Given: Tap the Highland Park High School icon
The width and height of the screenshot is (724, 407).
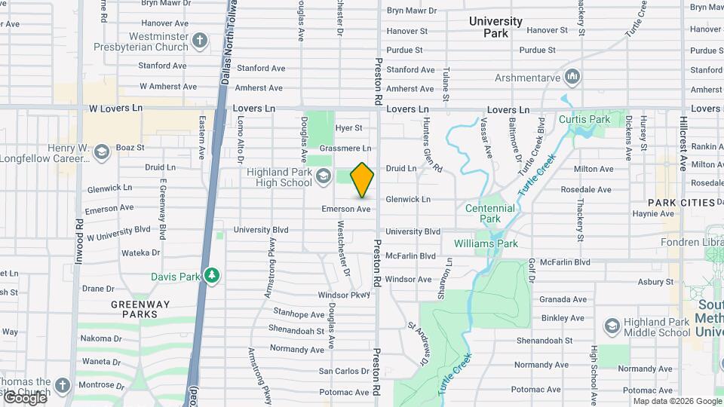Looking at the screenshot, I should pyautogui.click(x=323, y=177).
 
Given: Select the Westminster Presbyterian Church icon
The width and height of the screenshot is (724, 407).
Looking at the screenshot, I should pyautogui.click(x=199, y=41).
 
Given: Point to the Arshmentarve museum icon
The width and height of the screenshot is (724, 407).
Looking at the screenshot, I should pyautogui.click(x=572, y=77).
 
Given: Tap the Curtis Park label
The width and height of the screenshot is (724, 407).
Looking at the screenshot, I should pyautogui.click(x=584, y=120).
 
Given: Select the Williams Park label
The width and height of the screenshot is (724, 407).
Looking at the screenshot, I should pyautogui.click(x=486, y=243).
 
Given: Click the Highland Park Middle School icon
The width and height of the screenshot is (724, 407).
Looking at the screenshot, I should pyautogui.click(x=612, y=326).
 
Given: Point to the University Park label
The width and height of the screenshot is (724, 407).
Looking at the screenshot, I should pyautogui.click(x=495, y=27).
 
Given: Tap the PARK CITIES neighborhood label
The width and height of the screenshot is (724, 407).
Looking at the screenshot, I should pyautogui.click(x=681, y=203).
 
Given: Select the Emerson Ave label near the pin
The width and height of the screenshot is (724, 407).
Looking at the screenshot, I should pyautogui.click(x=345, y=209).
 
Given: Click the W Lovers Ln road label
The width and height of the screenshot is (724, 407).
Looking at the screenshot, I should pyautogui.click(x=115, y=108).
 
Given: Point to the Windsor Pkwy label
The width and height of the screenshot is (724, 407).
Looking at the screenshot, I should pyautogui.click(x=343, y=295).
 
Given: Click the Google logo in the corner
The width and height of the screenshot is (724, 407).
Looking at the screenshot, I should pyautogui.click(x=24, y=397).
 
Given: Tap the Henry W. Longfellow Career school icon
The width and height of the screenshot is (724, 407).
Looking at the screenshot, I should pyautogui.click(x=102, y=153).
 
